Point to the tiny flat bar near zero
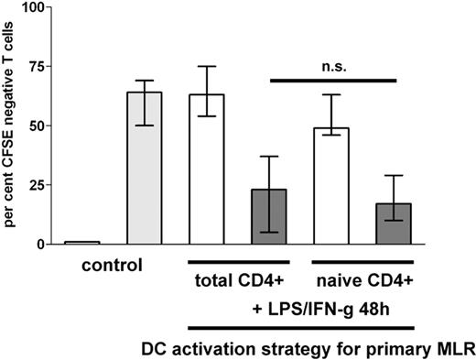tap(81, 243)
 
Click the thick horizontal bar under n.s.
tap(334, 81)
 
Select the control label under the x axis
tap(112, 267)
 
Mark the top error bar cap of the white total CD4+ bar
tap(206, 66)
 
